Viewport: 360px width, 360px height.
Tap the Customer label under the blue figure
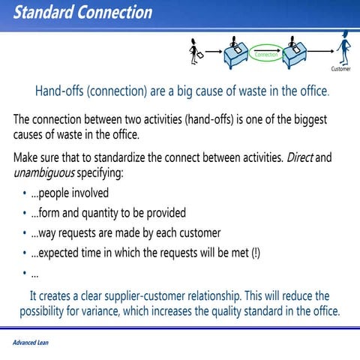click(x=340, y=69)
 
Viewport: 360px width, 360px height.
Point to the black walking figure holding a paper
click(x=196, y=49)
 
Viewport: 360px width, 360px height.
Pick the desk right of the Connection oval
click(x=295, y=52)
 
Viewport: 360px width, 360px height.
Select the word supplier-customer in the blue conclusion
click(x=160, y=295)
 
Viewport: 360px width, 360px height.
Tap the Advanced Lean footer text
click(x=31, y=343)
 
